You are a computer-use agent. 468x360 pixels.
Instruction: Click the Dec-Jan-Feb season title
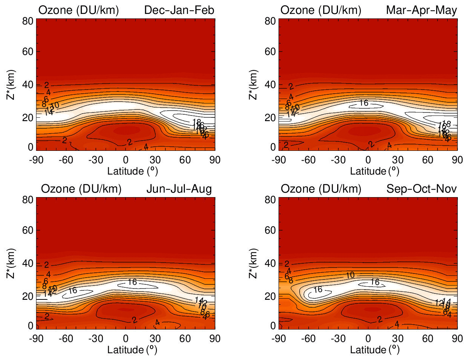click(x=179, y=10)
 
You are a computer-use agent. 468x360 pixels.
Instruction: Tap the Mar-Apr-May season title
click(x=421, y=10)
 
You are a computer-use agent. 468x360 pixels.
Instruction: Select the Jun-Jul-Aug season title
click(x=179, y=189)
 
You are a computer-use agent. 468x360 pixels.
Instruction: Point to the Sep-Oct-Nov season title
click(x=421, y=189)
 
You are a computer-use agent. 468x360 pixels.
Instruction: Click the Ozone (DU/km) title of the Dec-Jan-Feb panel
click(x=79, y=10)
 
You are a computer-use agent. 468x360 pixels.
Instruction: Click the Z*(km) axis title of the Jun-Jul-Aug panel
click(x=12, y=263)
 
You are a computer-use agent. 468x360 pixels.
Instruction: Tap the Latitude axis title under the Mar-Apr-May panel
click(x=374, y=171)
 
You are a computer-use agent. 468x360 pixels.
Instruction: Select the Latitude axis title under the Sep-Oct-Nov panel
click(x=374, y=350)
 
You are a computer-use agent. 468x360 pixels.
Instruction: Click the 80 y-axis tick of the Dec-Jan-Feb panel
click(x=27, y=21)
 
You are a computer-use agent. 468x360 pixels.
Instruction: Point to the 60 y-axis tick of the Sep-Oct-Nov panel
click(x=270, y=230)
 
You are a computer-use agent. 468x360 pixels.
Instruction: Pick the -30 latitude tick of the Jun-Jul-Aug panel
click(x=95, y=338)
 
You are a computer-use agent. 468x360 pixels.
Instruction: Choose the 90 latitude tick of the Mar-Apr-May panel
click(x=457, y=160)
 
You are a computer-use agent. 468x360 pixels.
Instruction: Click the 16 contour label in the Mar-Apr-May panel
click(x=363, y=103)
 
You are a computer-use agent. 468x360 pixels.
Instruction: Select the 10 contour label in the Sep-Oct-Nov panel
click(x=350, y=275)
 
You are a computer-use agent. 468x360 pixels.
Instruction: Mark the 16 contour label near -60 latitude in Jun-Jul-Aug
click(x=73, y=290)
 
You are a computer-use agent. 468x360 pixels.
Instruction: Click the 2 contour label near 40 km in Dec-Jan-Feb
click(x=47, y=86)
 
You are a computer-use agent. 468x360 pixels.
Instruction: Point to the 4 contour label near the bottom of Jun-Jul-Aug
click(x=157, y=322)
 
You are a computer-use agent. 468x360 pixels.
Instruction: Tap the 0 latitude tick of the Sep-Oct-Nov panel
click(x=368, y=338)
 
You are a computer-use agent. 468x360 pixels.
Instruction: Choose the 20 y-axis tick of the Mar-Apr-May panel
click(x=270, y=118)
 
